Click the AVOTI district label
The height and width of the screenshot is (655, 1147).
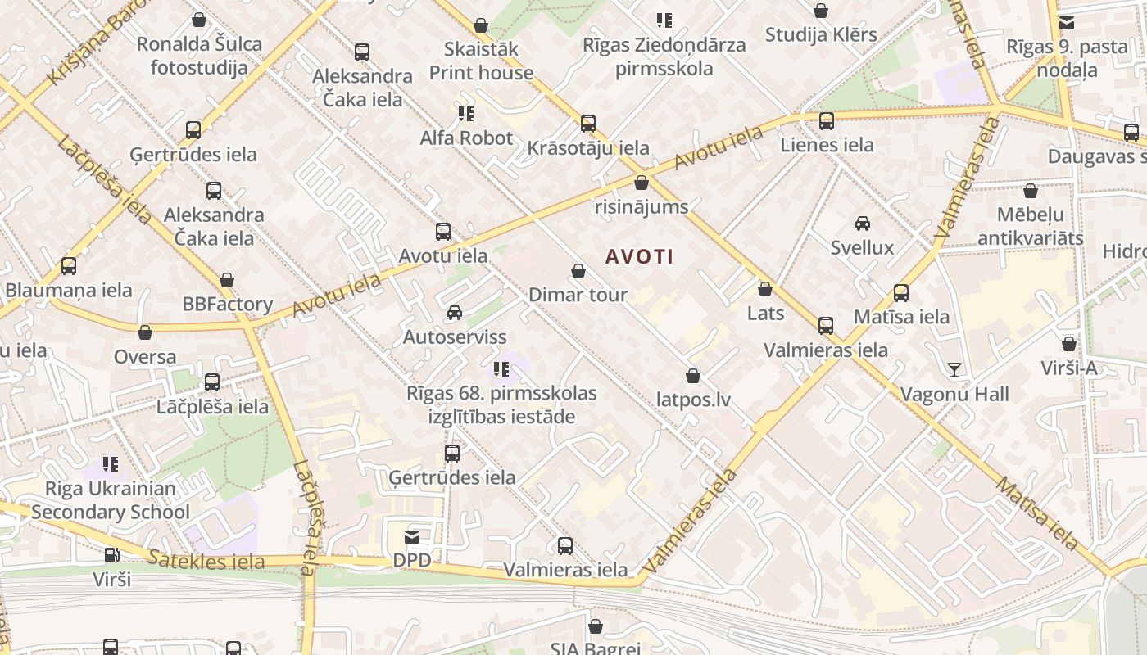639,257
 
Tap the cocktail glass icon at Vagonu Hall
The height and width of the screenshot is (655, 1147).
954,370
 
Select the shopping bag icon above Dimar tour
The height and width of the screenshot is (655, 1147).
578,271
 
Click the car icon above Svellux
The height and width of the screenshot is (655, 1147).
862,224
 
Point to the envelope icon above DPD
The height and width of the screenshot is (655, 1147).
412,537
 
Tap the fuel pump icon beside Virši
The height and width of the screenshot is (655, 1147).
111,555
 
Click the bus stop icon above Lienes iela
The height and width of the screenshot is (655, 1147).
827,121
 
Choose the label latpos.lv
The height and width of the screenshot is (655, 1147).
693,400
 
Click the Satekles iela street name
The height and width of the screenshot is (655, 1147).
206,561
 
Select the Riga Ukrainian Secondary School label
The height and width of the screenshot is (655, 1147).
111,500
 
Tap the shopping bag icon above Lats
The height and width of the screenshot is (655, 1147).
765,289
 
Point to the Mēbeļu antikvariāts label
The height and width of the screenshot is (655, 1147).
1030,227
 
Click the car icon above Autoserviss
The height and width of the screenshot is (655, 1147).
455,313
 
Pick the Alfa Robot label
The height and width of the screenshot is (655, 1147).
466,138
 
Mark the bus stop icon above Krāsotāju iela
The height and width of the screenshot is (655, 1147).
588,124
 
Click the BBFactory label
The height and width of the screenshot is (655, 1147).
227,304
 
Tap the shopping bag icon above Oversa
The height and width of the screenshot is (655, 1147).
145,332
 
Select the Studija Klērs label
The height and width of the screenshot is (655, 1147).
821,34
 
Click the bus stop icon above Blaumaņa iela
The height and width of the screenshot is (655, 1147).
69,266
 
